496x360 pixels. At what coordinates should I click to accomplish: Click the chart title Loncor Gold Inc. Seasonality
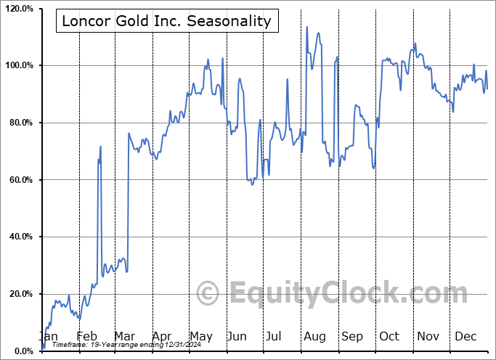coord(166,21)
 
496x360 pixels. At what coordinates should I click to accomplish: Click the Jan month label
coord(48,336)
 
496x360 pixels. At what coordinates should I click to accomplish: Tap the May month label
coord(201,336)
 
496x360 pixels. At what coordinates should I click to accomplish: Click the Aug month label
coord(315,336)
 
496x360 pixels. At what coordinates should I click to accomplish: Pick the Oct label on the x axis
coord(389,336)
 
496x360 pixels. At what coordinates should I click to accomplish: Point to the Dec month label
coord(465,336)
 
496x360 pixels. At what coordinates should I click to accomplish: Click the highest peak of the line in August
coord(307,28)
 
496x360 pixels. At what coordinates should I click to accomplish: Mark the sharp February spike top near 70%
coord(101,147)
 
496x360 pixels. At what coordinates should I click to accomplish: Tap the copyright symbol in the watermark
coord(208,294)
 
